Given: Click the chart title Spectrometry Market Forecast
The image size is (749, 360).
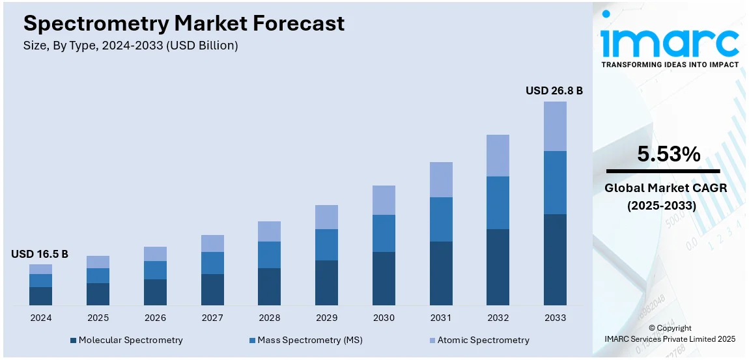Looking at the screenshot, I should pyautogui.click(x=184, y=23).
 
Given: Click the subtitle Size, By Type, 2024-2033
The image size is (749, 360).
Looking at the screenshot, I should pyautogui.click(x=130, y=46).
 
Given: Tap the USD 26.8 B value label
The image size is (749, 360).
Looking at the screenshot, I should pyautogui.click(x=554, y=90).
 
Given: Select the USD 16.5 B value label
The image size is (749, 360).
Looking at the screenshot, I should pyautogui.click(x=40, y=254).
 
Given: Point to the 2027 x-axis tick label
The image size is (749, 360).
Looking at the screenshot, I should pyautogui.click(x=212, y=318).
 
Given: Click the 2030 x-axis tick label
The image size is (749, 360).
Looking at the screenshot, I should pyautogui.click(x=384, y=318).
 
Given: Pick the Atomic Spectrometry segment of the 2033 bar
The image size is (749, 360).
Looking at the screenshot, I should pyautogui.click(x=555, y=126).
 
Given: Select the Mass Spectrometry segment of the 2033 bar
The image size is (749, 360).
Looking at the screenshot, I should pyautogui.click(x=555, y=182).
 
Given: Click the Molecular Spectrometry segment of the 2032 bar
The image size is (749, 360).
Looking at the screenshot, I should pyautogui.click(x=498, y=267).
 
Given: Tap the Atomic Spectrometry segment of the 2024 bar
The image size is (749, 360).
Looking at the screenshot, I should pyautogui.click(x=40, y=269).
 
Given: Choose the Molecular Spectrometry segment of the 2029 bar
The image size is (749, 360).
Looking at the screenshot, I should pyautogui.click(x=326, y=283).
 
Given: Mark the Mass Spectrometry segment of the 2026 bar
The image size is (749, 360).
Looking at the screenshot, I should pyautogui.click(x=155, y=270).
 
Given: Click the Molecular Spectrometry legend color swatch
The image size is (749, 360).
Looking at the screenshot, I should pyautogui.click(x=74, y=340).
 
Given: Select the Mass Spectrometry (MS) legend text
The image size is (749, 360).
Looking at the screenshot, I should pyautogui.click(x=310, y=340).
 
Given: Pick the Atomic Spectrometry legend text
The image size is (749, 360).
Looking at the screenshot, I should pyautogui.click(x=483, y=340).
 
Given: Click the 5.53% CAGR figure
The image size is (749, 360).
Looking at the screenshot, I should pyautogui.click(x=668, y=154).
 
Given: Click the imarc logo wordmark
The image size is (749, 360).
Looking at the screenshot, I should pyautogui.click(x=670, y=41).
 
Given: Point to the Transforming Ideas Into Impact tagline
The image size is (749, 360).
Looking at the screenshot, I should pyautogui.click(x=670, y=64).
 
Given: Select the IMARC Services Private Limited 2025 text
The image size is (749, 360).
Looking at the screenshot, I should pyautogui.click(x=670, y=339).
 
